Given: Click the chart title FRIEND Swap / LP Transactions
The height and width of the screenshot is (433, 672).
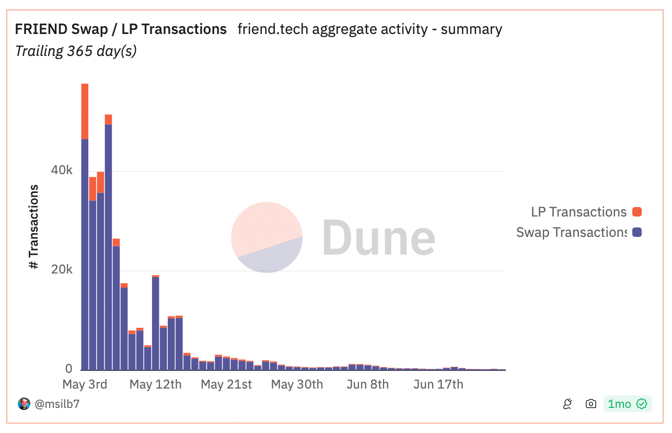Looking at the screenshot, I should click(121, 29).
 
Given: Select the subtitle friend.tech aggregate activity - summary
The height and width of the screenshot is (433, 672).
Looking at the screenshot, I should click(369, 29).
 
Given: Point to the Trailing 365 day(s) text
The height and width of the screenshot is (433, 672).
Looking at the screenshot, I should click(76, 51).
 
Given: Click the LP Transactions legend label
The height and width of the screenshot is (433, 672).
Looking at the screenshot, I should click(578, 212).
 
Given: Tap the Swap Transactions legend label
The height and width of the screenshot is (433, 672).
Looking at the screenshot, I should click(571, 232).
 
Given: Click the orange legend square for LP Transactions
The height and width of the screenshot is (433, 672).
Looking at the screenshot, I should click(636, 212).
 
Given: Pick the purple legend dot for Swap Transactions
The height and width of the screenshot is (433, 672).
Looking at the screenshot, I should click(636, 232).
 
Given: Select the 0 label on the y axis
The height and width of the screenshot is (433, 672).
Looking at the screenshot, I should click(68, 369).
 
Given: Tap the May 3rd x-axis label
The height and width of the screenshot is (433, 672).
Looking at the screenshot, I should click(85, 384).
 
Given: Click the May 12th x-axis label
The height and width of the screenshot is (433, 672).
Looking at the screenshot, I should click(155, 384).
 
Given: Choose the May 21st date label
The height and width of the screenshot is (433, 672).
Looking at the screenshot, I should click(226, 384).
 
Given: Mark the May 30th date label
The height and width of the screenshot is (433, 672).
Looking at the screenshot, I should click(297, 384).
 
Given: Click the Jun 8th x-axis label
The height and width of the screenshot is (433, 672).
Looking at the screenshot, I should click(368, 384).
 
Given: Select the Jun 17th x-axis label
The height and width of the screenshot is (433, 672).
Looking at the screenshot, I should click(438, 384).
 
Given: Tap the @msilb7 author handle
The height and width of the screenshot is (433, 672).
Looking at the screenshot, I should click(57, 404).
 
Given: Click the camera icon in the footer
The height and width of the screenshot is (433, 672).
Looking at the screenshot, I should click(591, 404).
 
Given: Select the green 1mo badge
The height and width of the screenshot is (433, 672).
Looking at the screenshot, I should click(627, 404).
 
